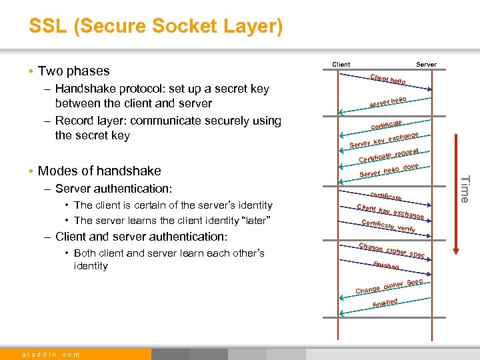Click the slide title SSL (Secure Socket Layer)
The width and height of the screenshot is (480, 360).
pos(155,27)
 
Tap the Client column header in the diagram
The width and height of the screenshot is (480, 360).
pos(341,65)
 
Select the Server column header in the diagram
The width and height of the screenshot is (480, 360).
pos(426,65)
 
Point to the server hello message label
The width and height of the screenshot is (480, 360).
pos(389,101)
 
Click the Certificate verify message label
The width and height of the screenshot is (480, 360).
pos(388,226)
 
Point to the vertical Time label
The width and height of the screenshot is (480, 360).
pos(465,188)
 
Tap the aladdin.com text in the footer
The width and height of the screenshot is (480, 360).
pos(51,354)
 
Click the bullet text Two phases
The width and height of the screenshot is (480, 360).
pos(73,71)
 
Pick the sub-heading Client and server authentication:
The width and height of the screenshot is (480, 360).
pos(141,237)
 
